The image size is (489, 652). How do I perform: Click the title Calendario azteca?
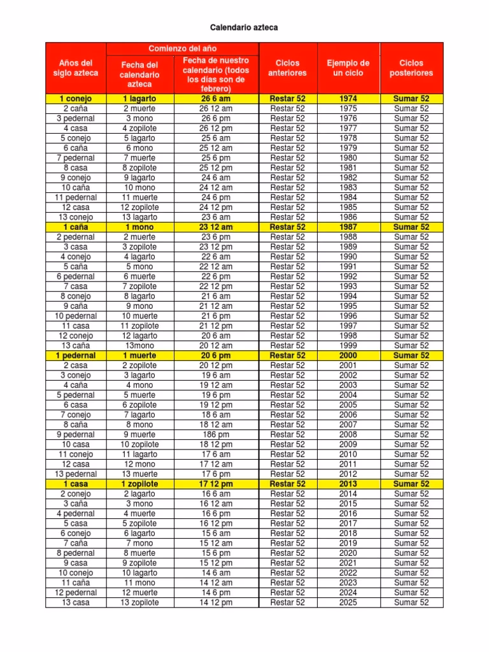coord(244,28)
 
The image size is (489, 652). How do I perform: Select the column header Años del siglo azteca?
coord(76,68)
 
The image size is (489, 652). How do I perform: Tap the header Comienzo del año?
coord(183,48)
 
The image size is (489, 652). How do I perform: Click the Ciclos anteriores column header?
coord(287,68)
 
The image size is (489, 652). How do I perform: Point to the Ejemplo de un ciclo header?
coord(348,68)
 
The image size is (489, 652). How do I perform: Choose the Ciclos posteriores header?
coord(411,68)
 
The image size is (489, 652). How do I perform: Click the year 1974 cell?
coord(348,99)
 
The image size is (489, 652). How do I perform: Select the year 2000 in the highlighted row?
coord(348,355)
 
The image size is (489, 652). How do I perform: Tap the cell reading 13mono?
coord(139,346)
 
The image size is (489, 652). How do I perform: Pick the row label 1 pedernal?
coord(76,355)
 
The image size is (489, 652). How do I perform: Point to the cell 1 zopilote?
coord(139,484)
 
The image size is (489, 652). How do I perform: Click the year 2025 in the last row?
coord(348,602)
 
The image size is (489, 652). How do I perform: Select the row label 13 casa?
coord(76,602)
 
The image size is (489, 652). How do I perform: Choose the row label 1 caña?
coord(76,227)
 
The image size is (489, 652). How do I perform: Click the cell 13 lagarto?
coord(139,217)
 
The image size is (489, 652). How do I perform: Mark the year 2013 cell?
coord(348,484)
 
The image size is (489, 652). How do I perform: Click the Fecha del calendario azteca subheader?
coord(139,74)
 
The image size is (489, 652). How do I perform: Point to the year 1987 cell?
coord(348,227)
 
